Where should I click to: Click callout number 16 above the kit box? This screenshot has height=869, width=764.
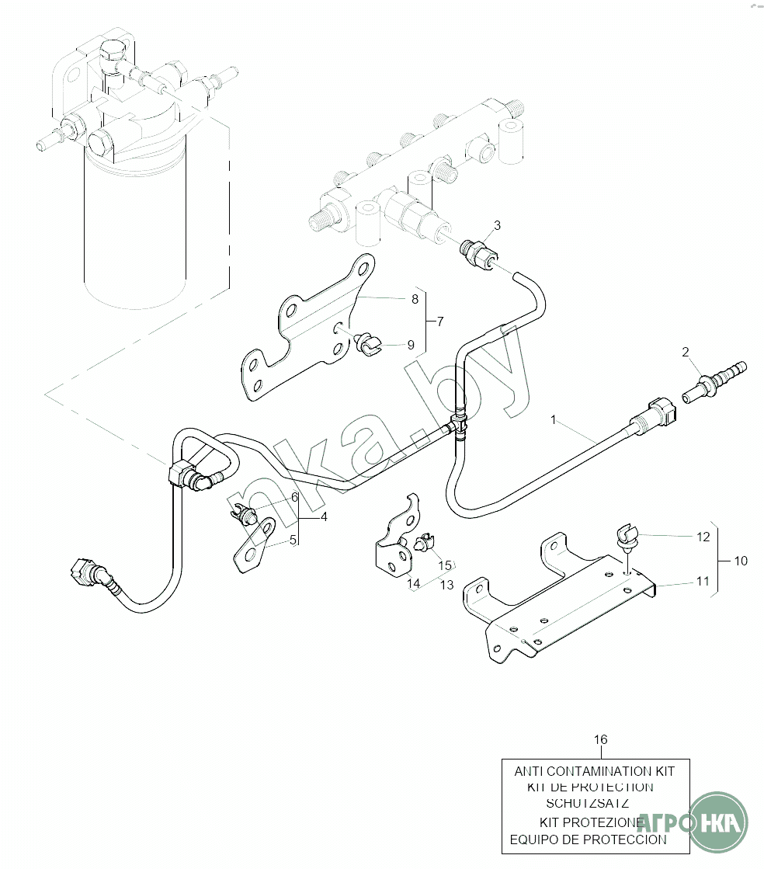[601, 739]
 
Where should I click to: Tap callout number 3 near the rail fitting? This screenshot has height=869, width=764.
[497, 225]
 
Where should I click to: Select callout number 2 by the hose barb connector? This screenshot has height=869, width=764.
[686, 352]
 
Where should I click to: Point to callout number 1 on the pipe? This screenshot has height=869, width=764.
[553, 419]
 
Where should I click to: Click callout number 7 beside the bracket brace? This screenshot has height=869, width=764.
[439, 321]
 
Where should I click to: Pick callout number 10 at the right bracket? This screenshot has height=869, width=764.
[741, 560]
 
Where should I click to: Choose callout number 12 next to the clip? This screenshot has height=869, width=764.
[703, 536]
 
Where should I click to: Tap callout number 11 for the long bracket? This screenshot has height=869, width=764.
[703, 580]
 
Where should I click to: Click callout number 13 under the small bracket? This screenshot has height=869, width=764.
[446, 585]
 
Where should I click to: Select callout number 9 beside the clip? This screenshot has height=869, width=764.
[411, 344]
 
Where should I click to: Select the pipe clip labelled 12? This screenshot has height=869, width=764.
[626, 537]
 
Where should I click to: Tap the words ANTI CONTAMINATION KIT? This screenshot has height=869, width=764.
[594, 772]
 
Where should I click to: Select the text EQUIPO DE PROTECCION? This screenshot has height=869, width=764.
[588, 839]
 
